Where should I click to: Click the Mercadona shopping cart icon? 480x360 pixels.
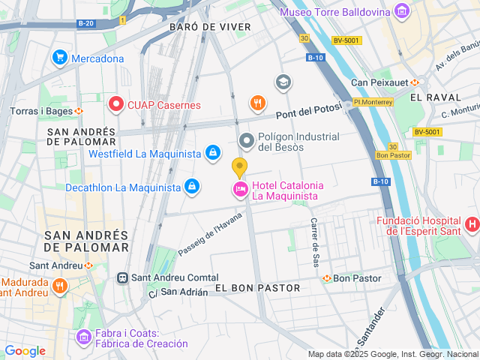(x=59, y=58)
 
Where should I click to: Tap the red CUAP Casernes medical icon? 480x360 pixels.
(x=115, y=104)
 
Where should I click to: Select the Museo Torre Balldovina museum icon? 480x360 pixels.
(x=403, y=12)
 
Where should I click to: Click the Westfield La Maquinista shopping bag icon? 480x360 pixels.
(x=213, y=153)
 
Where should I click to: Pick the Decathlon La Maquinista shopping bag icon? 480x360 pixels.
(x=192, y=186)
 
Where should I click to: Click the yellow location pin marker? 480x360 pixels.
(x=239, y=168)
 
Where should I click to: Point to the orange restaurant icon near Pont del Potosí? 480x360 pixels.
(x=257, y=103)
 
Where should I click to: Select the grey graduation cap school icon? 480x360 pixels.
(x=283, y=81)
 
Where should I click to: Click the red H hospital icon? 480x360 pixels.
(x=472, y=223)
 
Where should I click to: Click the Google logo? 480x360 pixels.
(x=25, y=350)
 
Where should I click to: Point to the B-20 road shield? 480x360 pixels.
(x=85, y=22)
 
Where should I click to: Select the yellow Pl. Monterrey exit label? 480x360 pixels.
(x=372, y=102)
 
